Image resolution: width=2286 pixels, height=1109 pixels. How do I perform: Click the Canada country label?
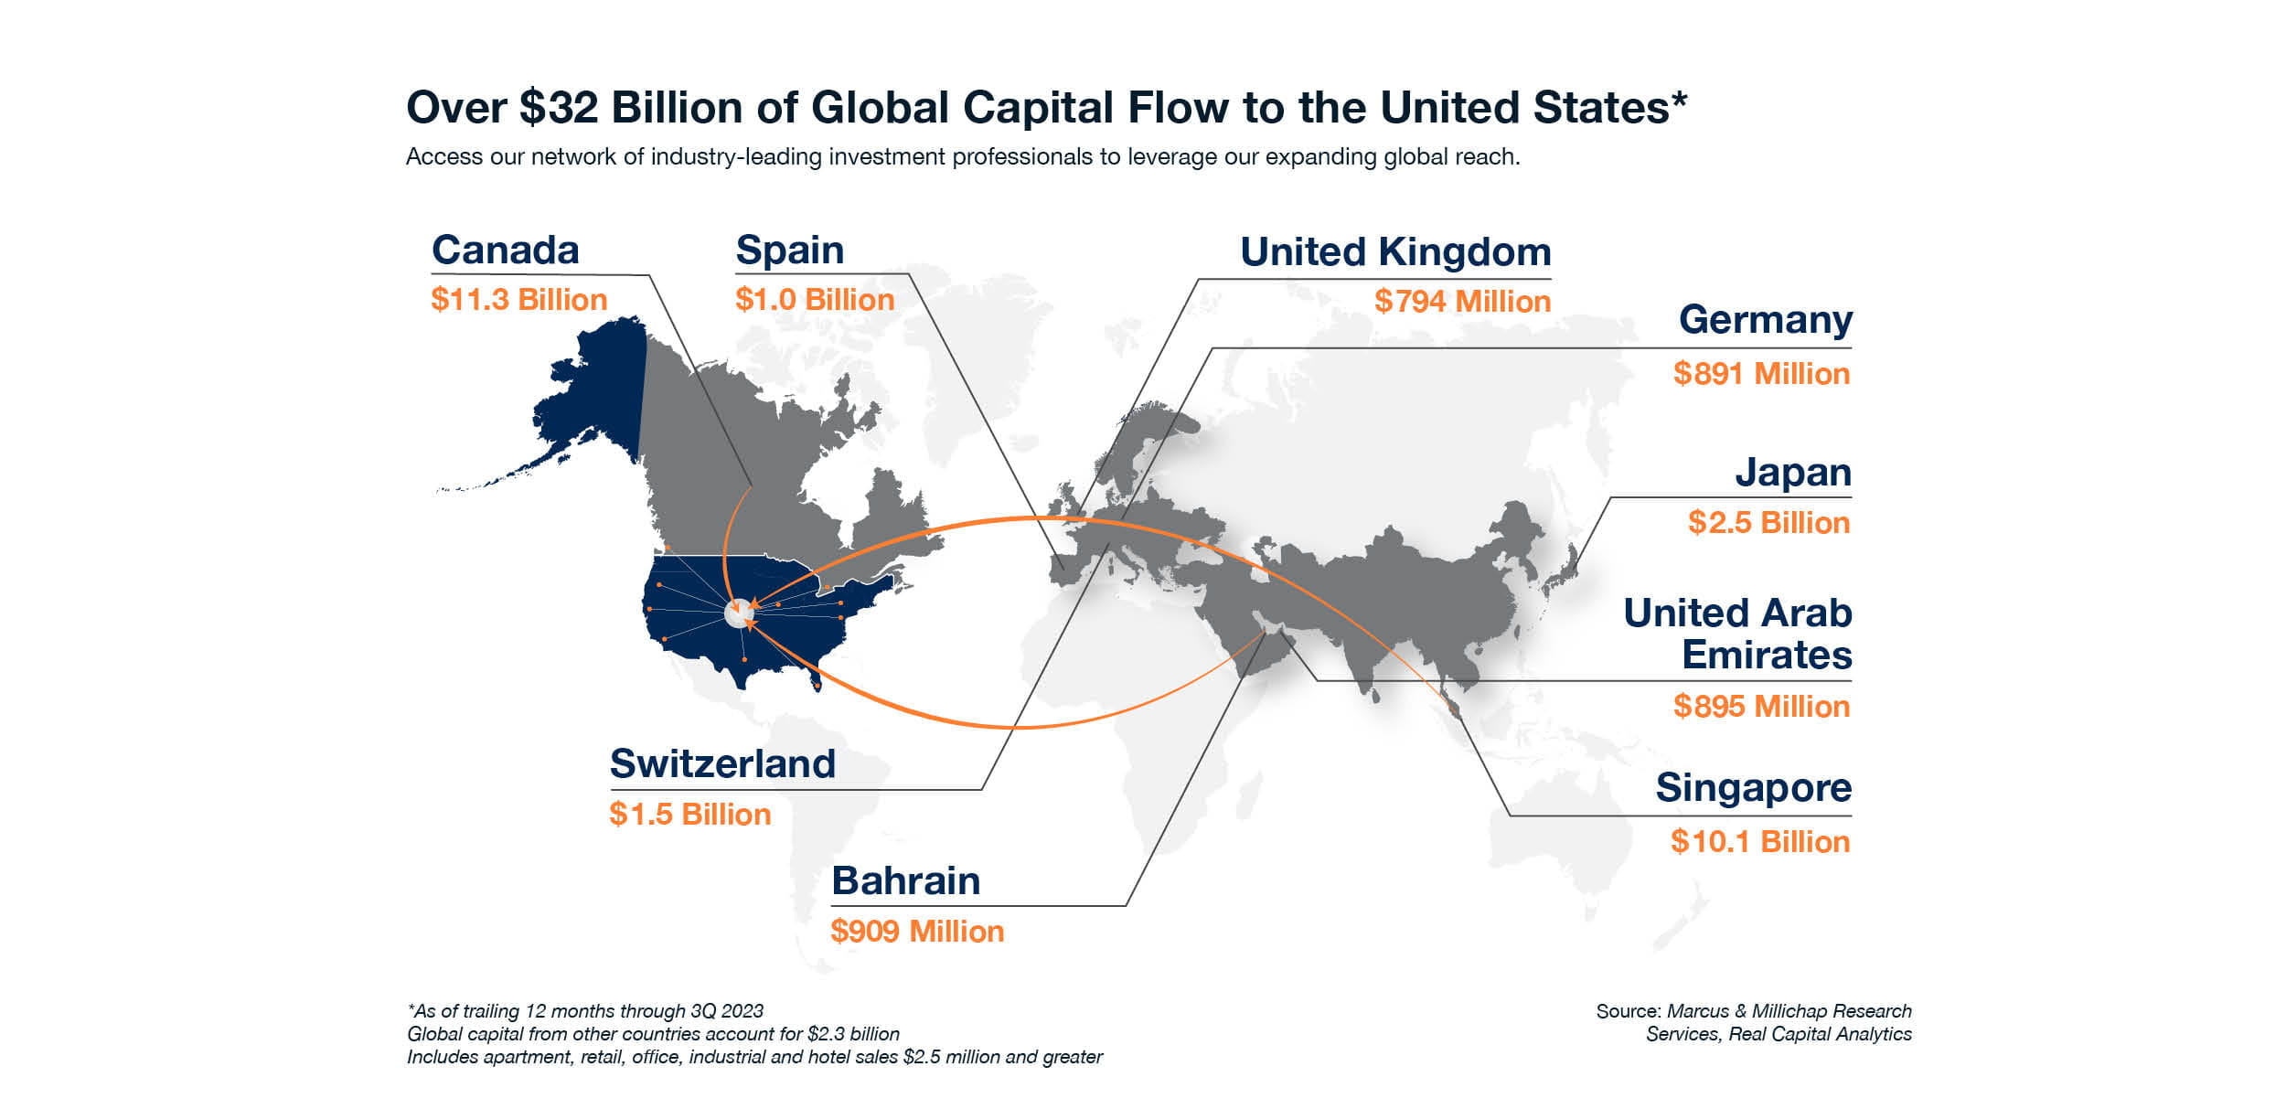pyautogui.click(x=505, y=251)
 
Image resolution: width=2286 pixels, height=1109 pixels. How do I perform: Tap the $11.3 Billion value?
pyautogui.click(x=518, y=300)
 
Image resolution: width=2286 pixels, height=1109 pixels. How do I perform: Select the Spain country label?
pyautogui.click(x=789, y=251)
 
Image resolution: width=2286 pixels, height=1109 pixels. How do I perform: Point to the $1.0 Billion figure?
pyautogui.click(x=814, y=300)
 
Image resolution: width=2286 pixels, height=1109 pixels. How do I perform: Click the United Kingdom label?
pyautogui.click(x=1394, y=252)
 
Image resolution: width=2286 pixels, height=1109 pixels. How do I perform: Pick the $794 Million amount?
pyautogui.click(x=1462, y=302)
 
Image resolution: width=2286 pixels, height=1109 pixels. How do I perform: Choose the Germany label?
pyautogui.click(x=1765, y=320)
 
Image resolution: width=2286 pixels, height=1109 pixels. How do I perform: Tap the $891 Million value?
pyautogui.click(x=1761, y=374)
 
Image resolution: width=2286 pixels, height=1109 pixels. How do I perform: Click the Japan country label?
pyautogui.click(x=1792, y=473)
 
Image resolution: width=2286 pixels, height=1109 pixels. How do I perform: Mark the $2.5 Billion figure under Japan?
pyautogui.click(x=1768, y=523)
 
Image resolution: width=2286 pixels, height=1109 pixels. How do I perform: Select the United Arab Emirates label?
pyautogui.click(x=1737, y=634)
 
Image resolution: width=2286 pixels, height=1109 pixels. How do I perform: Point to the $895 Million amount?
pyautogui.click(x=1761, y=707)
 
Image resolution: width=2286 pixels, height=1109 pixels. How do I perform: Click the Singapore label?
pyautogui.click(x=1753, y=788)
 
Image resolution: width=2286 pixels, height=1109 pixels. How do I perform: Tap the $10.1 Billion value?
pyautogui.click(x=1759, y=842)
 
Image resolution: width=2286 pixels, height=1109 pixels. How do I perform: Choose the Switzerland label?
pyautogui.click(x=722, y=764)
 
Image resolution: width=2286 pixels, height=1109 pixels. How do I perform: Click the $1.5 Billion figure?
pyautogui.click(x=689, y=815)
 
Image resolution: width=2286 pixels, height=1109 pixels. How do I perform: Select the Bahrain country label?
pyautogui.click(x=905, y=881)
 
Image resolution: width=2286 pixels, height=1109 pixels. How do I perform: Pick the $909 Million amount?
pyautogui.click(x=916, y=932)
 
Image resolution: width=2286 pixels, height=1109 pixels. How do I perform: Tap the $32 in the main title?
pyautogui.click(x=559, y=108)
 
